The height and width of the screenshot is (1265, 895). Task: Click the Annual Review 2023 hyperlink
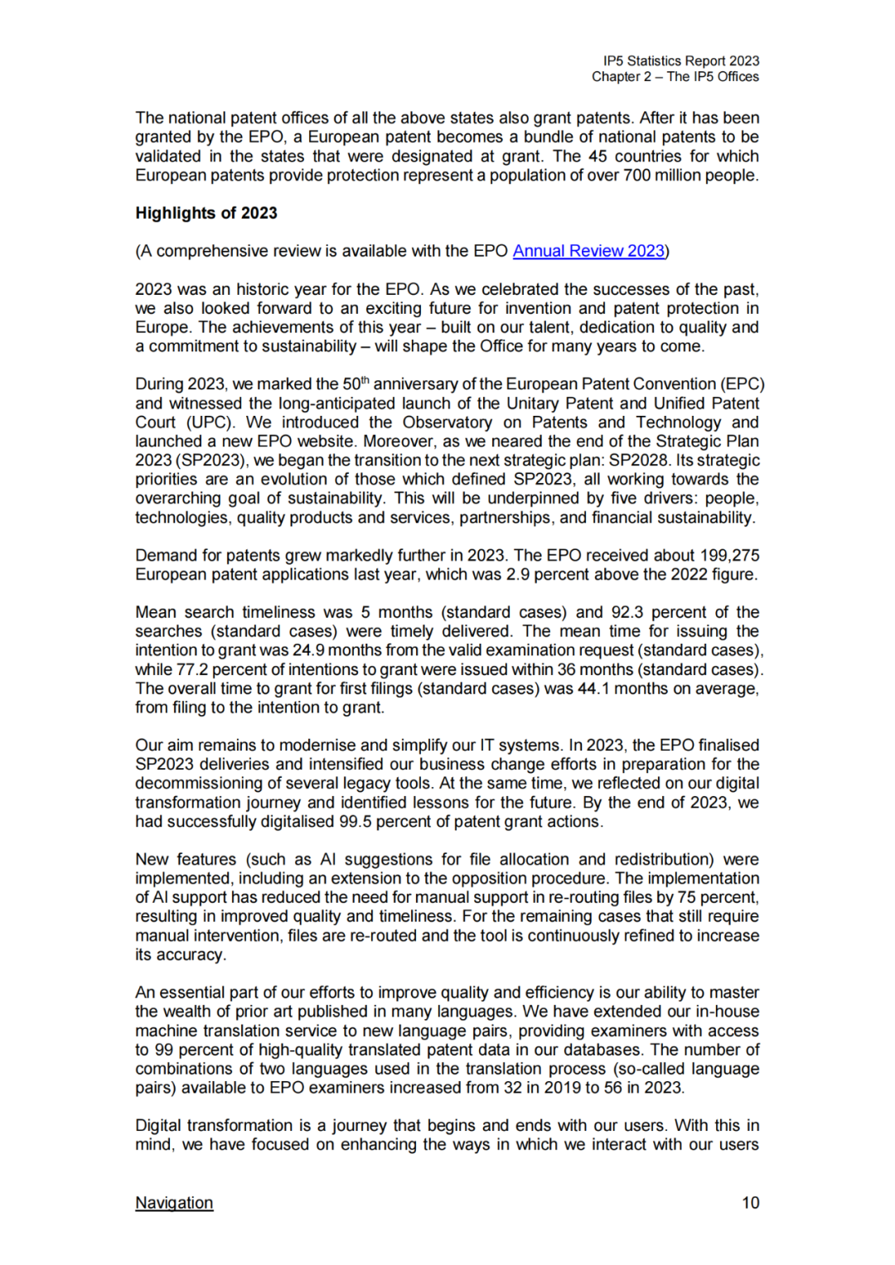[588, 251]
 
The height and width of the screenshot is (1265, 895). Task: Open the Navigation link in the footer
[174, 1203]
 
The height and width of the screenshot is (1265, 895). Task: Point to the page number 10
[750, 1203]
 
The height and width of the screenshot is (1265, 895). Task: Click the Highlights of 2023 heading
[206, 213]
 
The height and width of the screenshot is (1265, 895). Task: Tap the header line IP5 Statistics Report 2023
[681, 61]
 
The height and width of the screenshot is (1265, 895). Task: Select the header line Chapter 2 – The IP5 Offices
[675, 77]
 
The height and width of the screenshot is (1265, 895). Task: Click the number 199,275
[728, 555]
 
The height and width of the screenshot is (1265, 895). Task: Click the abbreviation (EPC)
[742, 384]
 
